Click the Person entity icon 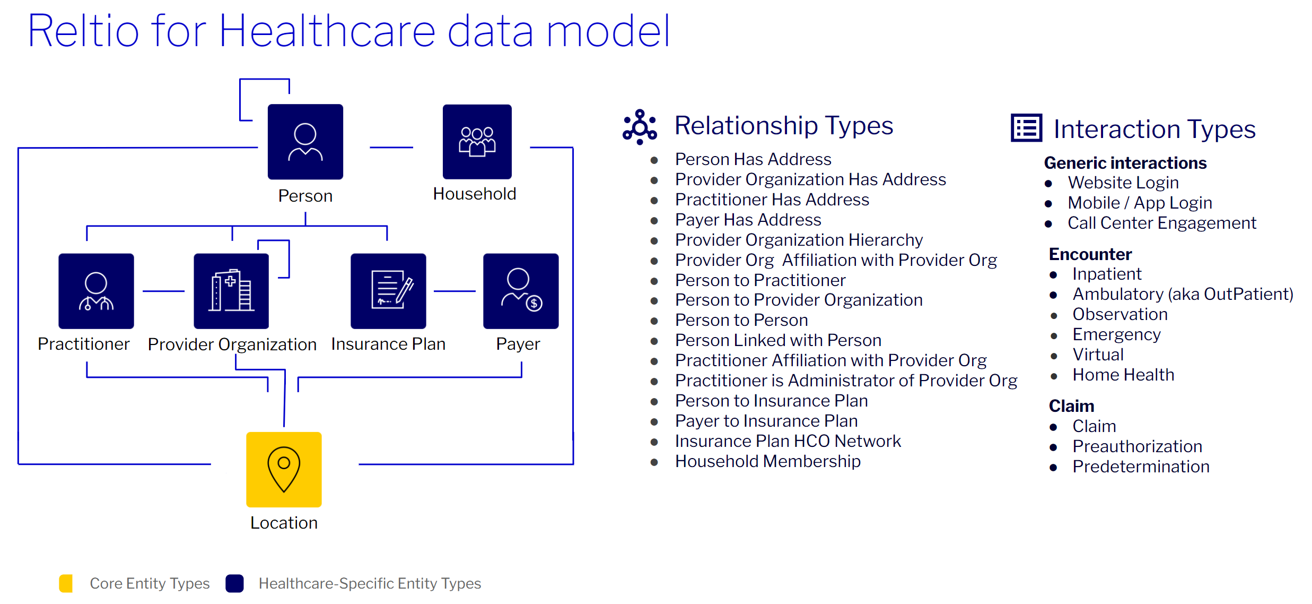pyautogui.click(x=305, y=142)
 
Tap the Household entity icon pyautogui.click(x=477, y=141)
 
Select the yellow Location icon pyautogui.click(x=284, y=469)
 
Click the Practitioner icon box pyautogui.click(x=96, y=291)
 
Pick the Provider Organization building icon pyautogui.click(x=231, y=291)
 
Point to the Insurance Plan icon pyautogui.click(x=388, y=291)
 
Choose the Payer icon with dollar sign pyautogui.click(x=520, y=291)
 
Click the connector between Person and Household pyautogui.click(x=391, y=148)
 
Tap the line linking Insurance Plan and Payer pyautogui.click(x=454, y=291)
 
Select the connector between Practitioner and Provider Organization pyautogui.click(x=163, y=291)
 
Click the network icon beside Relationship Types pyautogui.click(x=640, y=126)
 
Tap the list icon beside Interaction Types pyautogui.click(x=1026, y=128)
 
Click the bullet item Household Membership pyautogui.click(x=767, y=461)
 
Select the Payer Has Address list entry pyautogui.click(x=748, y=220)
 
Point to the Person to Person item pyautogui.click(x=741, y=320)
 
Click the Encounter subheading pyautogui.click(x=1090, y=254)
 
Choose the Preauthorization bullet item pyautogui.click(x=1136, y=446)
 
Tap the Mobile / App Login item pyautogui.click(x=1140, y=203)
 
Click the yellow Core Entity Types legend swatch pyautogui.click(x=66, y=583)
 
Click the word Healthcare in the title pyautogui.click(x=327, y=32)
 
